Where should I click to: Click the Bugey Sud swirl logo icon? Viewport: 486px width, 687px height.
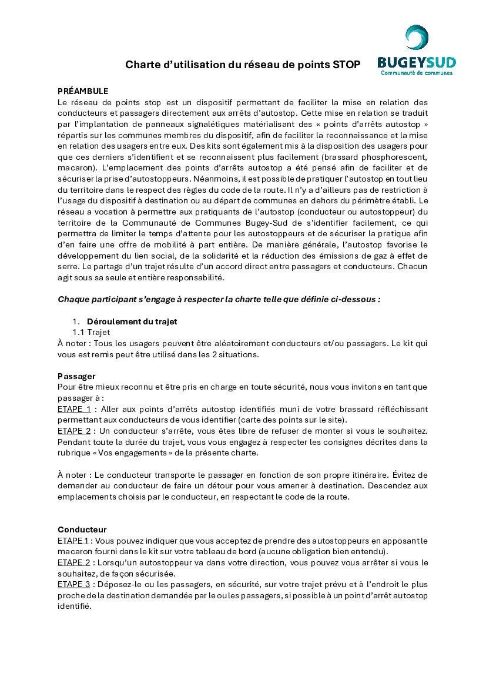click(x=417, y=38)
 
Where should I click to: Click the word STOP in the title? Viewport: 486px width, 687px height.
click(x=346, y=65)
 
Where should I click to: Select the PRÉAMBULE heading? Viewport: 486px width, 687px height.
click(x=83, y=91)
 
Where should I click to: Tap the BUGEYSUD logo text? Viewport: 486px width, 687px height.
click(x=416, y=62)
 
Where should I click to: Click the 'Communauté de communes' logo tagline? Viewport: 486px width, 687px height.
click(x=416, y=73)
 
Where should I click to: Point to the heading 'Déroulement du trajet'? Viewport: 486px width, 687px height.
click(x=132, y=321)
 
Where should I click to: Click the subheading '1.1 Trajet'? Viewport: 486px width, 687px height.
click(x=95, y=332)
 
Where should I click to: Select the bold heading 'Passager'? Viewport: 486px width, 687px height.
click(x=76, y=376)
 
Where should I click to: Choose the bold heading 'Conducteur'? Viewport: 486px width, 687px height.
click(x=82, y=530)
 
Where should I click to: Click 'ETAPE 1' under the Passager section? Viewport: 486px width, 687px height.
click(x=74, y=409)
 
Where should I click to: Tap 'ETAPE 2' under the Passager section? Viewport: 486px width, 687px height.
click(x=74, y=431)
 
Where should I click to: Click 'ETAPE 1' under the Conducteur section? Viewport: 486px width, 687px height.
click(x=73, y=541)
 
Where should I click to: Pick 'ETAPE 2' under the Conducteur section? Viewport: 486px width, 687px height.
click(x=73, y=562)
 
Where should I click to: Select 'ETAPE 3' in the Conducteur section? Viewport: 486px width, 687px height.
click(x=73, y=584)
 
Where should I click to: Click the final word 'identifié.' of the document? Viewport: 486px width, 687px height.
click(x=75, y=606)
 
